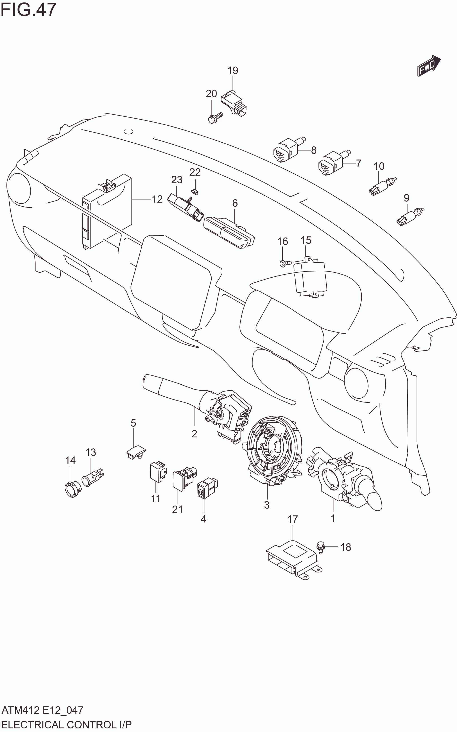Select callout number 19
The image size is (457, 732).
(x=233, y=71)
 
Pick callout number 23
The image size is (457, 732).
(x=177, y=180)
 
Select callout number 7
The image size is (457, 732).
(x=358, y=163)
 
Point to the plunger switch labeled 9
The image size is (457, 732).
(x=409, y=217)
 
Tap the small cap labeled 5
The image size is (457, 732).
(x=136, y=452)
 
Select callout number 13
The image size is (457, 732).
(x=91, y=452)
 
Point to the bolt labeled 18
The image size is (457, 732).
(x=320, y=547)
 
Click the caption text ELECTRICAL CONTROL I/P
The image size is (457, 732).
(x=66, y=724)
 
